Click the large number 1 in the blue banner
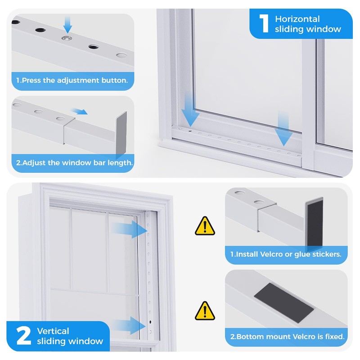coord(264,23)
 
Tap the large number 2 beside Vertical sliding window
coord(23,336)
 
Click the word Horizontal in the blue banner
coord(297,19)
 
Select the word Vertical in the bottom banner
coord(53,331)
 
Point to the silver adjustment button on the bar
coord(67,38)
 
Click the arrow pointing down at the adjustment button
coord(67,25)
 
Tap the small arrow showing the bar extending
coord(79,111)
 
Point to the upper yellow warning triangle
coord(205,226)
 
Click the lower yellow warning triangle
coord(205,311)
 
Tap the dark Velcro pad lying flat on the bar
coord(284,302)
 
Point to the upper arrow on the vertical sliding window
coord(129,229)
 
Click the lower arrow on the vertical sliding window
coord(129,325)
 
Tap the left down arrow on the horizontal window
coord(190,108)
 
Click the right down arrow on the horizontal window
coord(283,129)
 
